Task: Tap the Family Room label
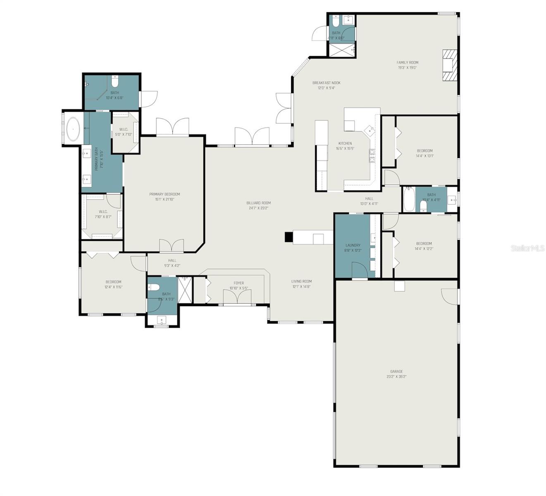[x=407, y=63]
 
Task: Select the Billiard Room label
[x=258, y=203]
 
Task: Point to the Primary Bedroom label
[x=165, y=194]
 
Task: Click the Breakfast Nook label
[x=326, y=83]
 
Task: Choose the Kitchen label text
[x=345, y=143]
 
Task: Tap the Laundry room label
[x=353, y=245]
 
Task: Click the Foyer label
[x=239, y=283]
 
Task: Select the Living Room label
[x=301, y=281]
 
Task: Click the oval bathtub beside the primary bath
[x=74, y=129]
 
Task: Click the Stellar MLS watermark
[x=527, y=248]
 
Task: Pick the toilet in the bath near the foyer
[x=154, y=287]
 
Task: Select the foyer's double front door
[x=237, y=297]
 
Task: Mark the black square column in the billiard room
[x=288, y=237]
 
